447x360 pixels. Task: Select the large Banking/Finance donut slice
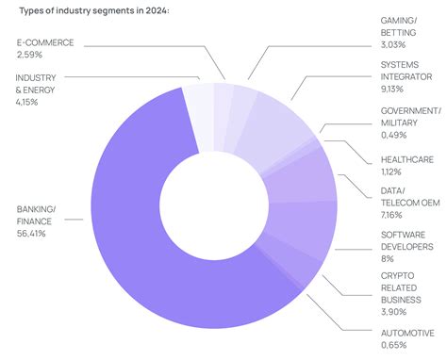point(132,226)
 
